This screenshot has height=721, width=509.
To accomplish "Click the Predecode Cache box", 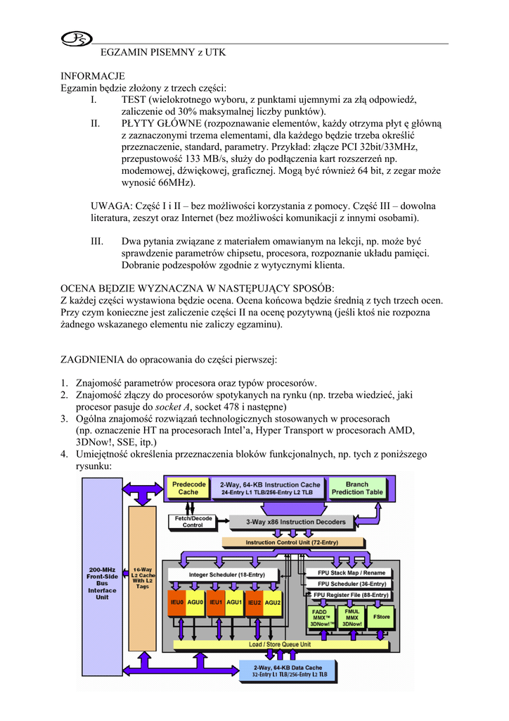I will [188, 488].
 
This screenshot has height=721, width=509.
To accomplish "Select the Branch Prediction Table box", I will [357, 488].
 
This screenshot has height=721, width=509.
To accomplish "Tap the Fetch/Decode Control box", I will [193, 522].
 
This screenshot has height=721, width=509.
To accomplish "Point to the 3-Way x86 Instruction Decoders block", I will [295, 522].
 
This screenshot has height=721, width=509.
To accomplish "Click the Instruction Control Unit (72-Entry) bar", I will [292, 542].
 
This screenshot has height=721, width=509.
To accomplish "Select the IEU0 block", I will [176, 603].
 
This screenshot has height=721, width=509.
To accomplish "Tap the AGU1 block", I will [235, 603].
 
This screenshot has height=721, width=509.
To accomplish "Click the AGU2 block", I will [273, 603].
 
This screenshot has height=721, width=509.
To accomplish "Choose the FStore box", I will [382, 616].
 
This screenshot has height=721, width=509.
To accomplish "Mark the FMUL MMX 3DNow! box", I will [352, 617].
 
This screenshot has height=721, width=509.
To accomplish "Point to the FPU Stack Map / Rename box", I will [352, 572].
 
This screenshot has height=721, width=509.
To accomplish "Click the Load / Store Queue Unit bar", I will [280, 644].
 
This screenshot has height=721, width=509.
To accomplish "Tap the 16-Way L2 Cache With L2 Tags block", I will [142, 577].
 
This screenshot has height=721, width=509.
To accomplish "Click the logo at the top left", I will [72, 40].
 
